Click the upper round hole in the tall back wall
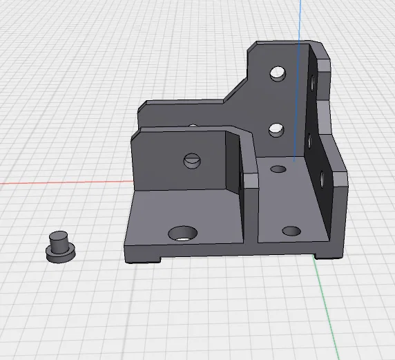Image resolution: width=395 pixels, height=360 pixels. (x=278, y=72)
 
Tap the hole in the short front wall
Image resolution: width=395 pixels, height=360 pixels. (x=192, y=161)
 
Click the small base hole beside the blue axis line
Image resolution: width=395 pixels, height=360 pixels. (x=278, y=169)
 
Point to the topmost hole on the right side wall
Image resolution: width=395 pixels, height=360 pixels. (x=314, y=84)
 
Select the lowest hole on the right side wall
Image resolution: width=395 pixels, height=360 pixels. (x=321, y=178)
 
